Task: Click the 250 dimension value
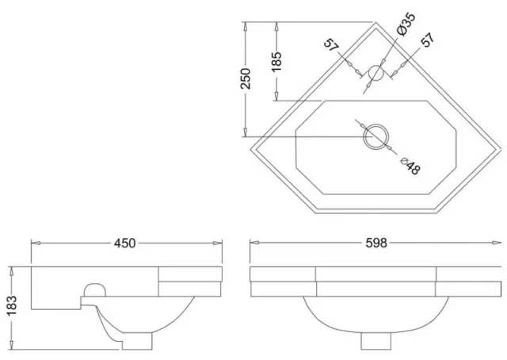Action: pyautogui.click(x=246, y=79)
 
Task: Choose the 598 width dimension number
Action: pyautogui.click(x=375, y=243)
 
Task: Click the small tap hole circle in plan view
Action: pyautogui.click(x=376, y=73)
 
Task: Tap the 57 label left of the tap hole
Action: pyautogui.click(x=334, y=45)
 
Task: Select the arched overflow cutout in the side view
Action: pyautogui.click(x=95, y=288)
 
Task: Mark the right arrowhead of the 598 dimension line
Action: pyautogui.click(x=497, y=243)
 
